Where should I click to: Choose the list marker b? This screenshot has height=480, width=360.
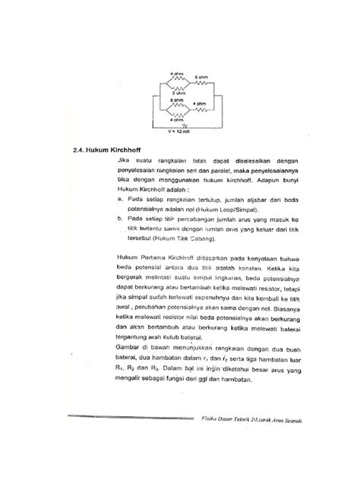pos(121,218)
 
